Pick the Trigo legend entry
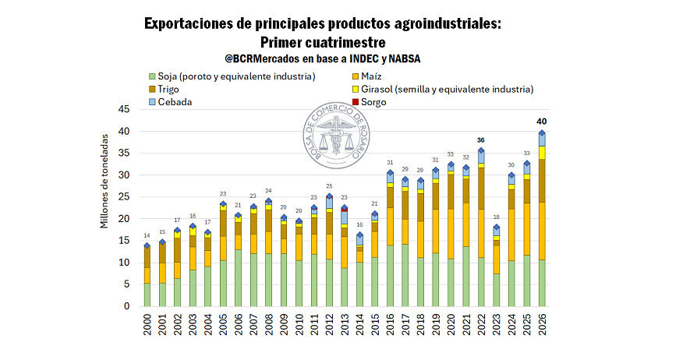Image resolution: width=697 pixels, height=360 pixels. pyautogui.click(x=168, y=89)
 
